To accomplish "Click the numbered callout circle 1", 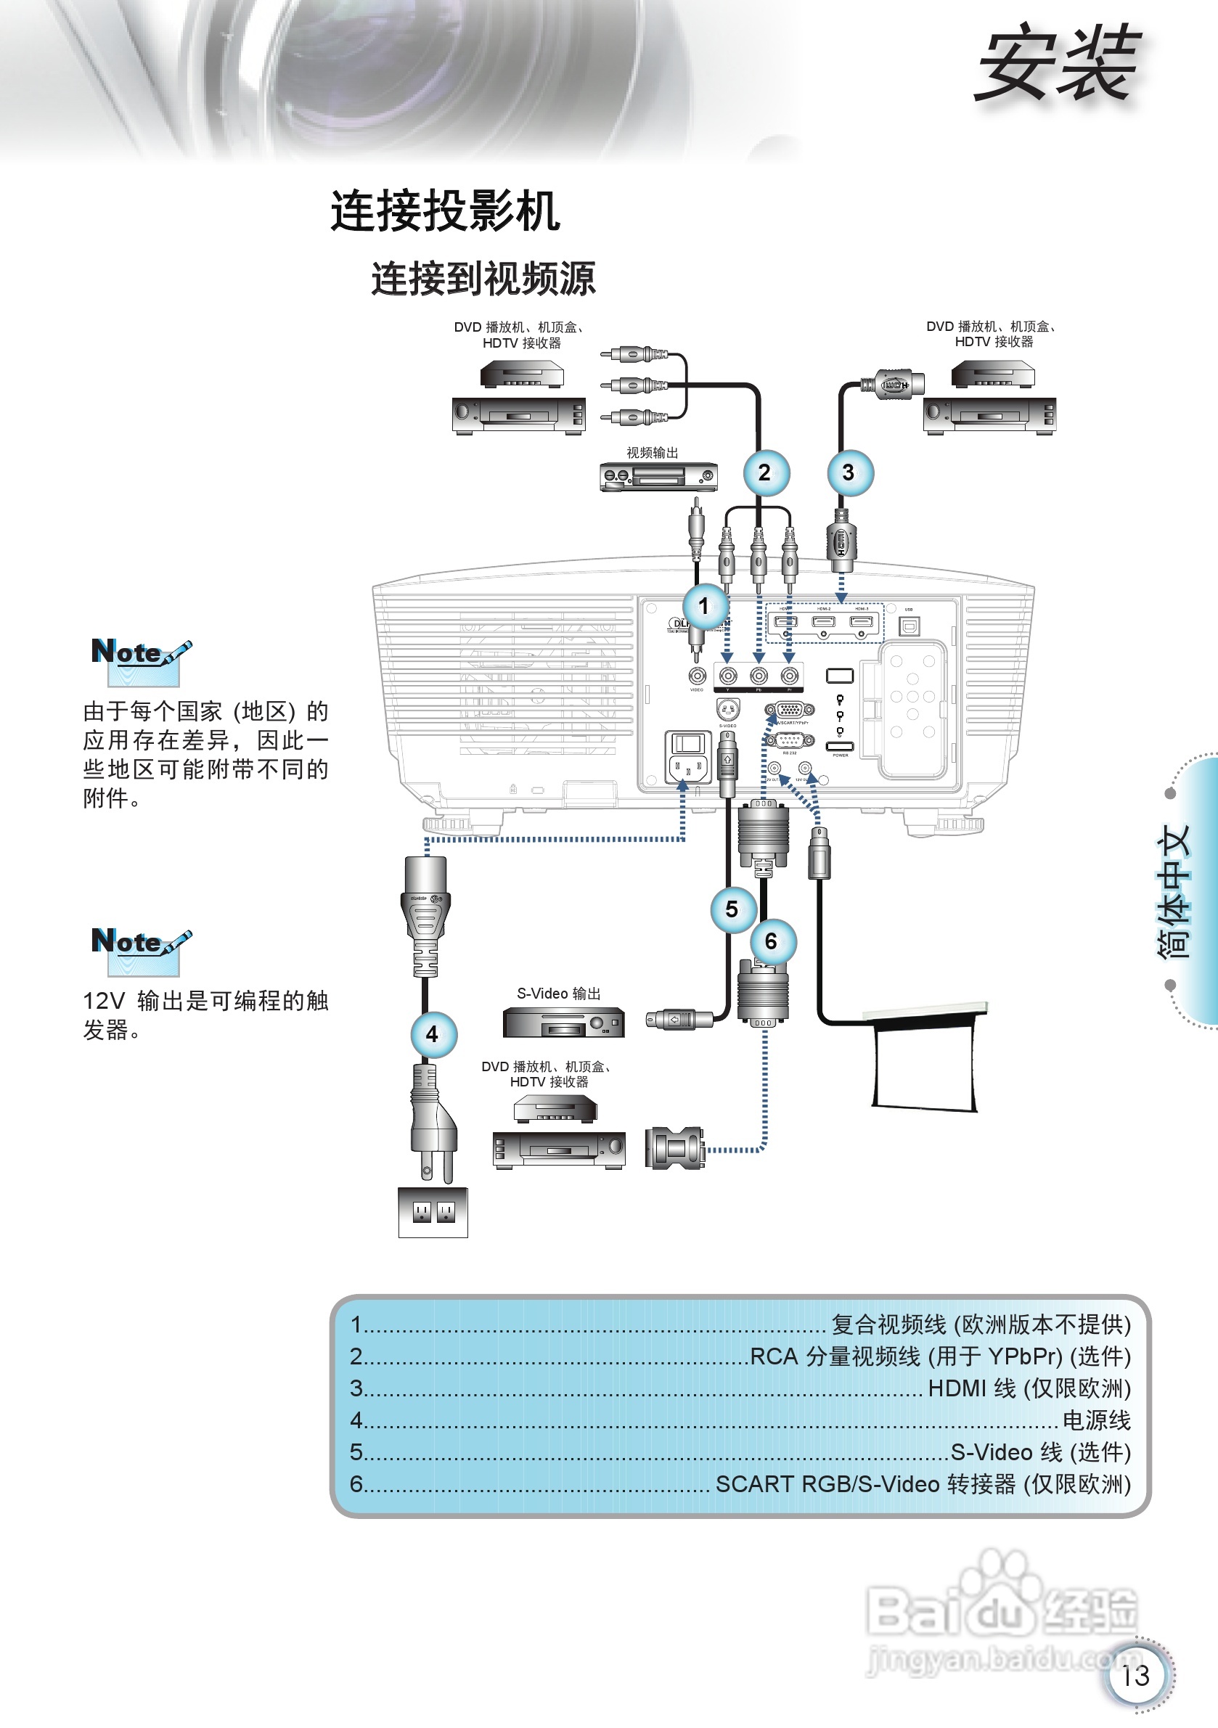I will point(705,606).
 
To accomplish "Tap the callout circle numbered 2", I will point(765,472).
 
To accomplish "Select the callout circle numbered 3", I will point(849,472).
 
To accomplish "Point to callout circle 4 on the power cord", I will point(433,1035).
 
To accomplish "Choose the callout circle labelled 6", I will point(772,941).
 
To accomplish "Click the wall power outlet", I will point(433,1211).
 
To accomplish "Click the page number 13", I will point(1136,1676).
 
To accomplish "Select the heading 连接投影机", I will point(445,211).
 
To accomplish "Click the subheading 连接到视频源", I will point(483,279).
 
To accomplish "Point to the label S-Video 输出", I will point(559,994).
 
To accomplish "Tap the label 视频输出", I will point(652,452).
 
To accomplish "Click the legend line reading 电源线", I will point(1096,1420).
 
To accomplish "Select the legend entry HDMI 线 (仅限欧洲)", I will point(1029,1388).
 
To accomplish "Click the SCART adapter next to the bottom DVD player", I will point(674,1147).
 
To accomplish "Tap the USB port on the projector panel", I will point(910,626).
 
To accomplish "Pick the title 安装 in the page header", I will point(1058,64).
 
